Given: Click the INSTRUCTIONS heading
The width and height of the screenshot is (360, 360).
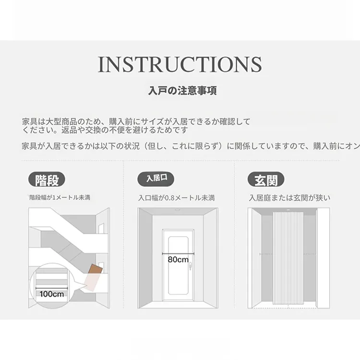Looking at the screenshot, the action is click(180, 64).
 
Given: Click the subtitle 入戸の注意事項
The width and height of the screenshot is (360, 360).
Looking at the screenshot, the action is click(182, 90).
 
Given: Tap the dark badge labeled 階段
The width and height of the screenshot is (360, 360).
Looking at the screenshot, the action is click(47, 180).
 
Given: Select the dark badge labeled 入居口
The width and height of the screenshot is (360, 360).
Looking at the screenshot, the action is click(156, 179).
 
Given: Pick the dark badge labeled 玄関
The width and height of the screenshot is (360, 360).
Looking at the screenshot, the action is click(266, 180).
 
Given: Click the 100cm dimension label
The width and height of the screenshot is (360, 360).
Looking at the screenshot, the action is click(52, 294).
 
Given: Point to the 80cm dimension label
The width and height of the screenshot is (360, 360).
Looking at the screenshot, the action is click(178, 260).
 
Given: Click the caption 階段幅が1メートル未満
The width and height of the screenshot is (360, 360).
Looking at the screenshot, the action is click(60, 198).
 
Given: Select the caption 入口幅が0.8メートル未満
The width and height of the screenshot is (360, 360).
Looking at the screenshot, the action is click(176, 198).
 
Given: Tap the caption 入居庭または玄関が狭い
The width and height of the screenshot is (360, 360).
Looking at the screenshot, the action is click(289, 198).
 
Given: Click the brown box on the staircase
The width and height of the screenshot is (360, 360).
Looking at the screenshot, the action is click(96, 269).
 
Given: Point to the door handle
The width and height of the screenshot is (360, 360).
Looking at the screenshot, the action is click(190, 267).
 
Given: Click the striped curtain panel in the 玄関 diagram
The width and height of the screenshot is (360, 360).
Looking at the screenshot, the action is click(288, 258).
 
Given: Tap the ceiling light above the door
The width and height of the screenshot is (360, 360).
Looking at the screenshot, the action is click(177, 210).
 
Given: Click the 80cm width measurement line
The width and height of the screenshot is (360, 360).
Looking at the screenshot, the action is click(178, 253).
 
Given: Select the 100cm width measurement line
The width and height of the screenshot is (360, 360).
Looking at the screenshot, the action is click(52, 288).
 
